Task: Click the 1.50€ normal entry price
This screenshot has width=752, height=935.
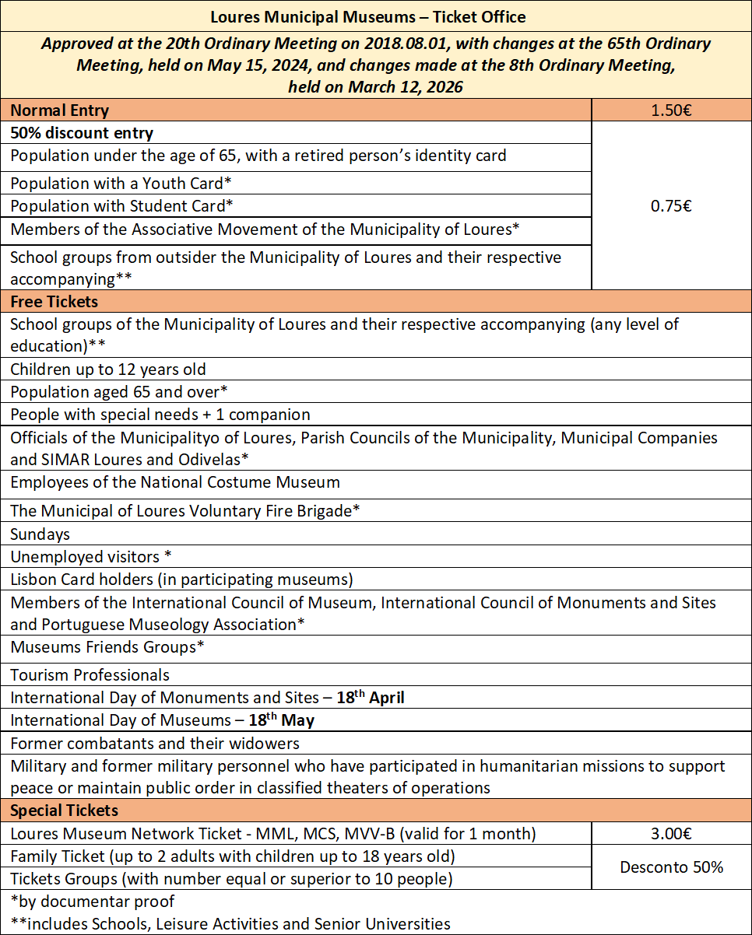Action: (671, 110)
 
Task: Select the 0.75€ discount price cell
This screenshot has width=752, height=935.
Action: (671, 206)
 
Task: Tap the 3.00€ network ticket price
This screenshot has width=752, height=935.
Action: (671, 834)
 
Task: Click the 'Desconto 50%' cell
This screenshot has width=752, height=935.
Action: (671, 867)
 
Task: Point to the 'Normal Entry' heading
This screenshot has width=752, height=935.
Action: (60, 110)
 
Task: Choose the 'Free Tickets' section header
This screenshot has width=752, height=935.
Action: (54, 301)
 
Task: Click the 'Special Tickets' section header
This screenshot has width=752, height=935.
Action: (64, 811)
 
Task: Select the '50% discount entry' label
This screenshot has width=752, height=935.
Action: (82, 133)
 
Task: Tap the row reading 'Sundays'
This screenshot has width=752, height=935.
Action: (40, 534)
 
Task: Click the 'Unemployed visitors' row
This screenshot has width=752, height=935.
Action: (90, 557)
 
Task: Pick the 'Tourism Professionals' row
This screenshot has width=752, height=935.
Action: (90, 675)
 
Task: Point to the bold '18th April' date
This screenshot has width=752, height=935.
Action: (375, 698)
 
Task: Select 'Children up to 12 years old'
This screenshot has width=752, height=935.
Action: (108, 369)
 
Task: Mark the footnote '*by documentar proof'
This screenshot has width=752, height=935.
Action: (93, 902)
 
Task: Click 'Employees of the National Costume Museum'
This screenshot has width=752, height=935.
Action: (175, 482)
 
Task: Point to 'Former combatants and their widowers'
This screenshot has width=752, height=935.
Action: (155, 743)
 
